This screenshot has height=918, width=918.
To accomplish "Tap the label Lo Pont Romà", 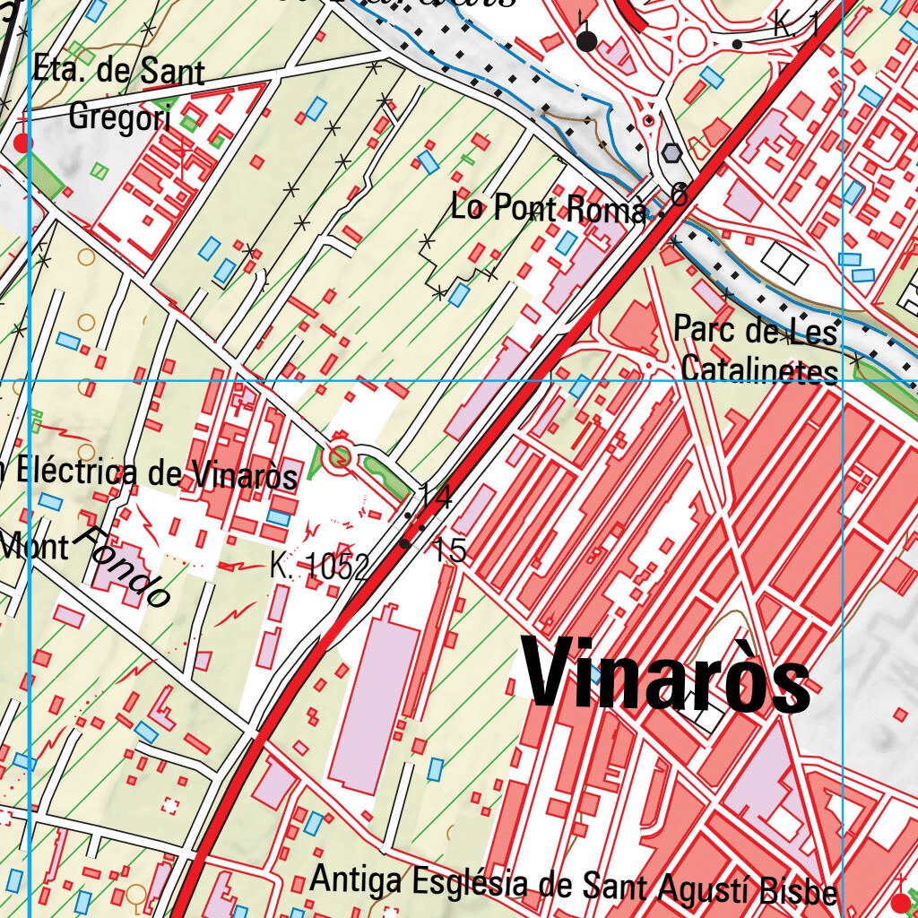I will click(x=549, y=209).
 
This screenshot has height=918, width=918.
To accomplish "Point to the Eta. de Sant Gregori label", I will click(x=118, y=93).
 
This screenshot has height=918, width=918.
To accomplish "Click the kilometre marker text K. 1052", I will click(x=319, y=567).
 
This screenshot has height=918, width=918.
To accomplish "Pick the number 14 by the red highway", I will click(x=436, y=496).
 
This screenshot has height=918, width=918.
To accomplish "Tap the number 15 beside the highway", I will click(x=449, y=550).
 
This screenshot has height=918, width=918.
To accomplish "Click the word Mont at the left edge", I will click(x=34, y=544).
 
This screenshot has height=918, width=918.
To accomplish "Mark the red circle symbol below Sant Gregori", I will click(x=23, y=143).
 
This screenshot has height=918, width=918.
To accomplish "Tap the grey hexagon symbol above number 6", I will click(x=670, y=153).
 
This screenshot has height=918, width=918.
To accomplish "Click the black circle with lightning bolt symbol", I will click(x=587, y=40).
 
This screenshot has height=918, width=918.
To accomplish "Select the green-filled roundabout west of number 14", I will click(x=339, y=458).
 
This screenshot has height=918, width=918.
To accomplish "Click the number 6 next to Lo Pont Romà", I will click(x=680, y=195).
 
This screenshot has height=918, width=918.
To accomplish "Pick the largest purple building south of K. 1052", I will click(x=375, y=699).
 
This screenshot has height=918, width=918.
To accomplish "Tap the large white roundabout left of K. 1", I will click(x=694, y=40).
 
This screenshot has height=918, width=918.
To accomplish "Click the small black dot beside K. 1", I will click(x=737, y=44).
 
